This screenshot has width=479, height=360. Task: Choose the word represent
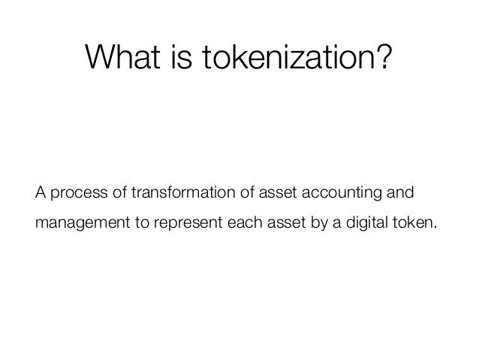(x=182, y=225)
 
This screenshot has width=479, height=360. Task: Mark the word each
(x=239, y=223)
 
